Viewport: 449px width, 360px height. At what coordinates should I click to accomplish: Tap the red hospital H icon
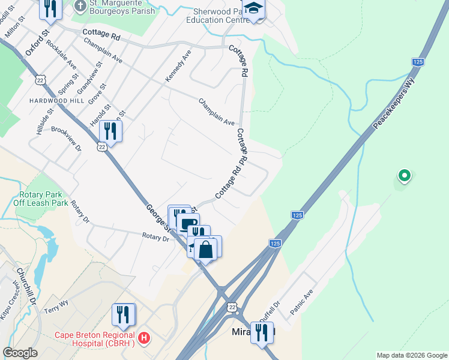pyautogui.click(x=143, y=338)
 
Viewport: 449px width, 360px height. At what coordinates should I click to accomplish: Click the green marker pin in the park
pyautogui.click(x=405, y=176)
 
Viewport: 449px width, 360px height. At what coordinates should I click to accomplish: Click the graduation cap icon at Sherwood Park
pyautogui.click(x=254, y=9)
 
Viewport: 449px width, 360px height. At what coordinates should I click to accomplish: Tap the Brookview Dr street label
pyautogui.click(x=66, y=138)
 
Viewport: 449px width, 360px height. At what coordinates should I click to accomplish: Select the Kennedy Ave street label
pyautogui.click(x=178, y=66)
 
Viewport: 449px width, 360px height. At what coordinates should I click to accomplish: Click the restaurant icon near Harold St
pyautogui.click(x=110, y=130)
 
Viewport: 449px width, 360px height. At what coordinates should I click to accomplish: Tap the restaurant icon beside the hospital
pyautogui.click(x=123, y=314)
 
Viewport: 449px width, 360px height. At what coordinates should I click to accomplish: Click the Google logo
pyautogui.click(x=20, y=353)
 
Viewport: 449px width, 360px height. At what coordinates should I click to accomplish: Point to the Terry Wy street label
pyautogui.click(x=57, y=307)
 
